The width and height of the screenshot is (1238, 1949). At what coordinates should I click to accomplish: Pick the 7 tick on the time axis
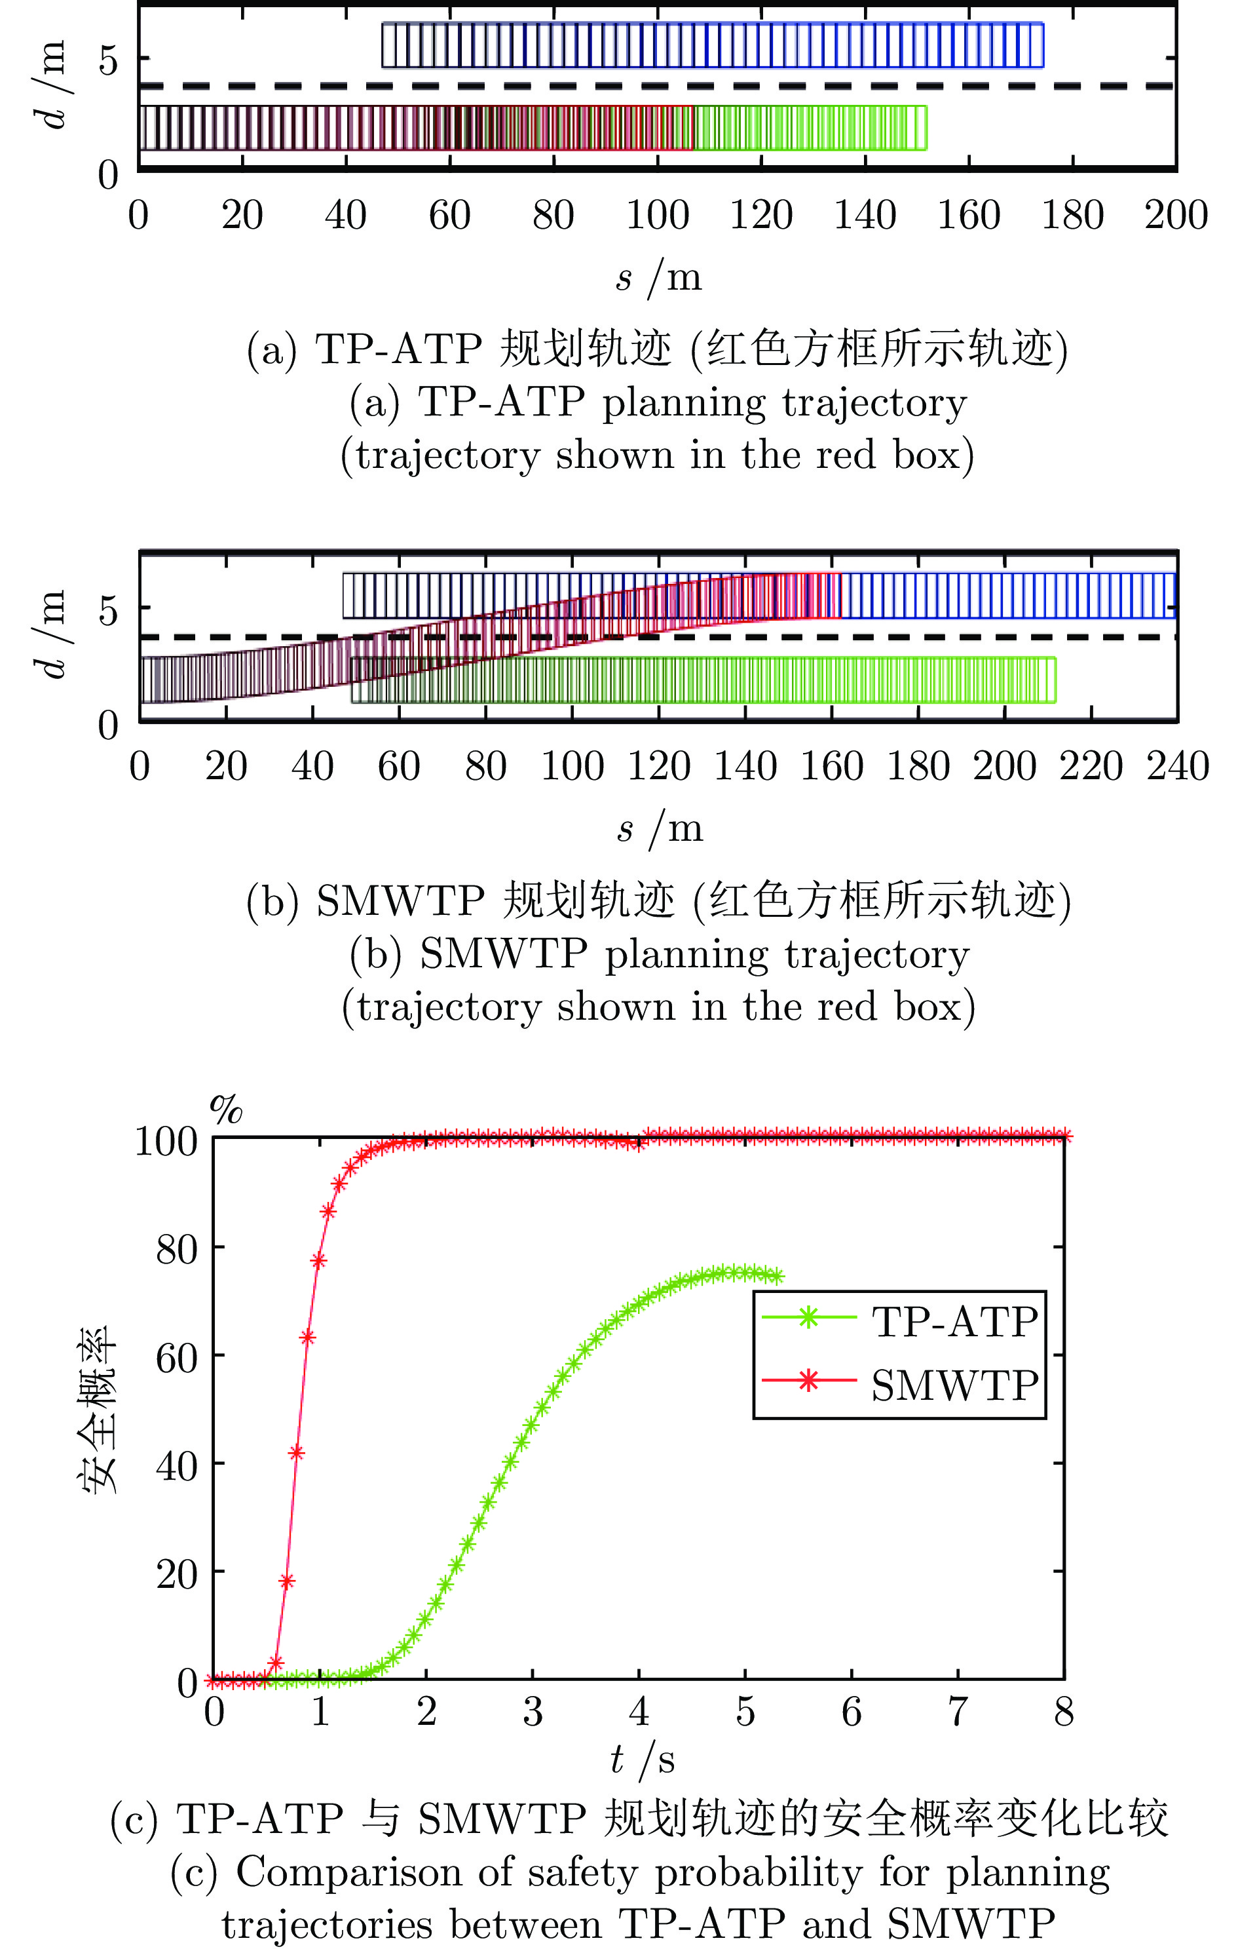[x=958, y=1712]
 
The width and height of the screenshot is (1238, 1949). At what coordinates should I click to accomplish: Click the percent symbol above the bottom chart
[x=227, y=1110]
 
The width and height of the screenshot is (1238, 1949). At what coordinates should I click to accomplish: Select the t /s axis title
[x=643, y=1759]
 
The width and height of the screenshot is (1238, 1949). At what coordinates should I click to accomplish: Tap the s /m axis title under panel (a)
[x=658, y=278]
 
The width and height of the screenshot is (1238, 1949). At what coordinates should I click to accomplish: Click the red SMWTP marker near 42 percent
[x=297, y=1453]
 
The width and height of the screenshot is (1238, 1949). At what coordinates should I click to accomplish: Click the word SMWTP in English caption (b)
[x=502, y=954]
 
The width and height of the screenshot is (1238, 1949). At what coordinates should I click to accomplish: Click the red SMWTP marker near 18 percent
[x=286, y=1581]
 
